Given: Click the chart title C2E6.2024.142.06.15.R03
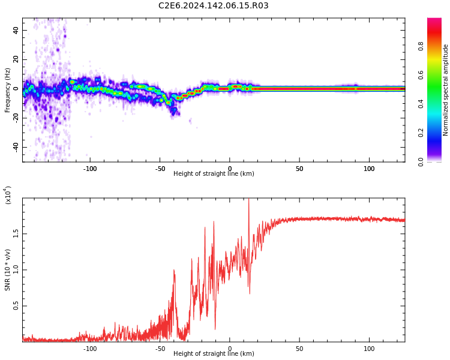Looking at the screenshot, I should (x=213, y=6).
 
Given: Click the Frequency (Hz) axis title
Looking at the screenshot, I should (x=8, y=90).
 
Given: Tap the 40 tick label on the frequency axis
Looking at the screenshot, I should (x=16, y=30).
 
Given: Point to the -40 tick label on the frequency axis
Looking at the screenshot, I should (x=14, y=147).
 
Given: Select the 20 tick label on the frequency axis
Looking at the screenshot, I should (x=16, y=59).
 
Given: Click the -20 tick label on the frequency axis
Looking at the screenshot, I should (x=14, y=118).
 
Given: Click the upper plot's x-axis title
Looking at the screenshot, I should (x=214, y=174).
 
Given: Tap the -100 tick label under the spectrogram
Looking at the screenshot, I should (x=90, y=169).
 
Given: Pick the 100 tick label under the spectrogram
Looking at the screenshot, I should (x=369, y=169).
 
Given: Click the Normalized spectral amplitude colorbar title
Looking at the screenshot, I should (x=446, y=90).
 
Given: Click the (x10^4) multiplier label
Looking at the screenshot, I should (x=8, y=195).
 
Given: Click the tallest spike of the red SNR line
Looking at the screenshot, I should (x=248, y=200).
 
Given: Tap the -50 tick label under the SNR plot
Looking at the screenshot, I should (x=160, y=349).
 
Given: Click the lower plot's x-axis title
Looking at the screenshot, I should (x=214, y=354).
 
